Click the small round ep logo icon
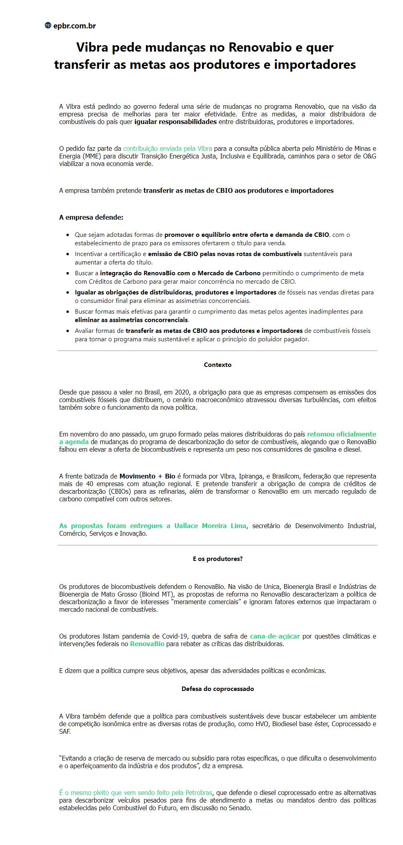click(48, 26)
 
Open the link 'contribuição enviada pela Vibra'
click(167, 148)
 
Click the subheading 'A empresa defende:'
click(91, 218)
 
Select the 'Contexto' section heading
click(218, 365)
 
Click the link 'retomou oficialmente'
click(341, 434)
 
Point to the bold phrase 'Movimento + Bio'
click(147, 476)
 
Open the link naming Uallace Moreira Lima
click(152, 526)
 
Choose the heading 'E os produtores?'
click(218, 559)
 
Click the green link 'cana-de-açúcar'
click(275, 636)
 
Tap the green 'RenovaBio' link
click(147, 644)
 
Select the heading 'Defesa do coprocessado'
click(218, 689)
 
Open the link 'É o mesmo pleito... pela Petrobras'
click(136, 793)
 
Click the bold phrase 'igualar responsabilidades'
click(175, 122)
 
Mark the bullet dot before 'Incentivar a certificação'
click(67, 254)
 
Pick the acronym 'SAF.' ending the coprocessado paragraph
click(65, 731)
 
